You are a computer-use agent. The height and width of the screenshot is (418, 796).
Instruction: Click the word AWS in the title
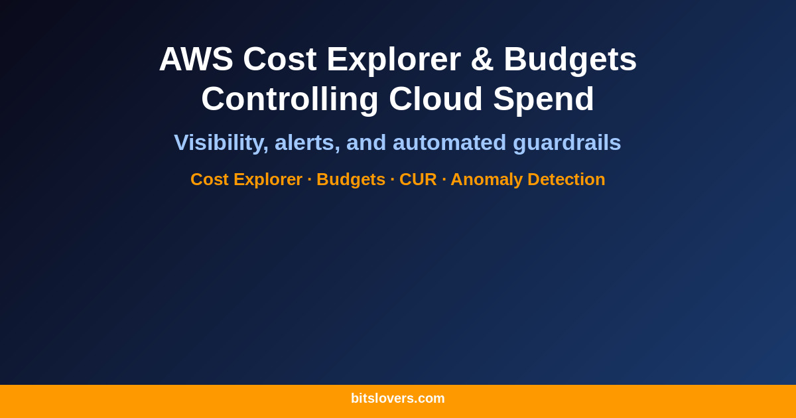tap(196, 59)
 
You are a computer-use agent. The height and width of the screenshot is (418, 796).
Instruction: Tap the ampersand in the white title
tap(482, 59)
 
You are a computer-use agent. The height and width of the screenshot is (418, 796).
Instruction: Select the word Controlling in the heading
tap(290, 99)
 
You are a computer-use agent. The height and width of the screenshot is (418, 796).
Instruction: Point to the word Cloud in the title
tap(436, 99)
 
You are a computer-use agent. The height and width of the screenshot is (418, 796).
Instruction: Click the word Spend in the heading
tap(543, 99)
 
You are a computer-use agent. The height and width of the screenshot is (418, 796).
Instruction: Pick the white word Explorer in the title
tap(393, 59)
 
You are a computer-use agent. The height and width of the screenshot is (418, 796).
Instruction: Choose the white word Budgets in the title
tap(570, 59)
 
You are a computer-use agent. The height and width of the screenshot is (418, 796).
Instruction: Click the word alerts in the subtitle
tap(307, 143)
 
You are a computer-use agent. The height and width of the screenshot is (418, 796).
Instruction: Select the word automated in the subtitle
tap(449, 143)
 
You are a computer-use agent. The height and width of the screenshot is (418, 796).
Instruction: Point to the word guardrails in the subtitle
tap(567, 143)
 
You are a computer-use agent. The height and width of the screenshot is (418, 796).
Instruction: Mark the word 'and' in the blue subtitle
tap(366, 143)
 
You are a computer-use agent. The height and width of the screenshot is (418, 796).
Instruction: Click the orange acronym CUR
tap(418, 179)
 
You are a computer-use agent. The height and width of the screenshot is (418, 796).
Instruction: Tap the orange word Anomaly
tap(486, 179)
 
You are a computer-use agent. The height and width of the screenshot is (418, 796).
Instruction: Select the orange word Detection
tap(566, 179)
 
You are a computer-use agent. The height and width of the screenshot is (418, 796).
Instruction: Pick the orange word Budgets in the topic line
tap(350, 179)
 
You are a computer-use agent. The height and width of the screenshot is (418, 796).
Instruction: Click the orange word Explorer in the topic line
tap(267, 179)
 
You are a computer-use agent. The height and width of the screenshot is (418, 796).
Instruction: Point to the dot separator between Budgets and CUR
tap(393, 179)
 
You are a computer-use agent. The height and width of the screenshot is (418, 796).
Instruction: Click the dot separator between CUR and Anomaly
tap(444, 179)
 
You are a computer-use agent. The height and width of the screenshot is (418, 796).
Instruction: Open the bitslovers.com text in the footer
tap(398, 398)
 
